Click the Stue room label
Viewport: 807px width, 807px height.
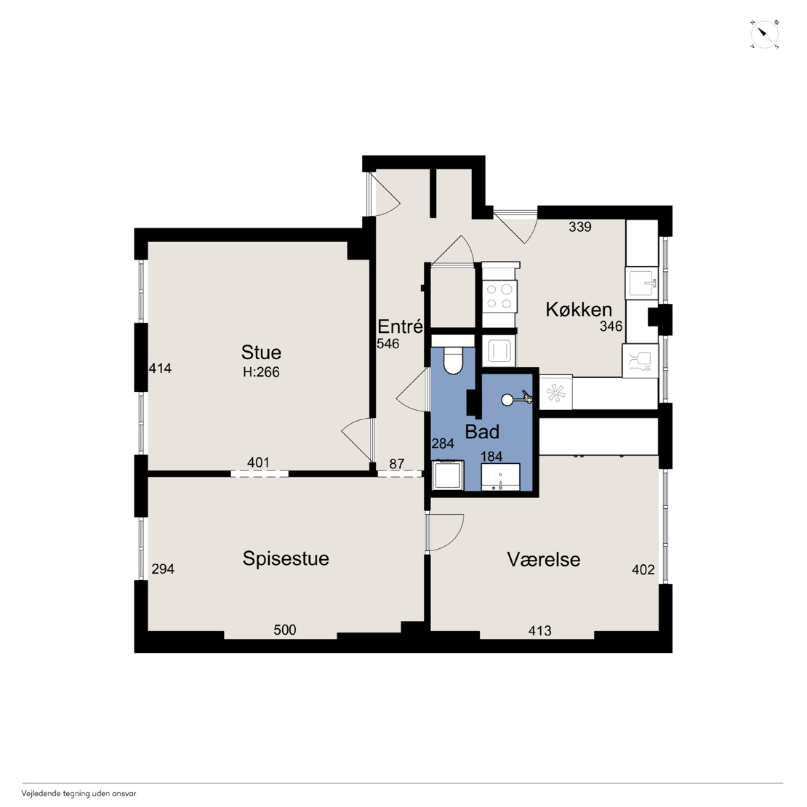[x=261, y=353]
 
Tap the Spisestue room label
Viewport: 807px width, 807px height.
[x=286, y=559]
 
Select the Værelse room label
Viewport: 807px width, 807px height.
[x=544, y=559]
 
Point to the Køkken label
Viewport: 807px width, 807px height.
[x=579, y=309]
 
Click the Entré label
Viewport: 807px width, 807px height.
[x=400, y=326]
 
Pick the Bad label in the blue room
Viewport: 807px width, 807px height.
[x=482, y=431]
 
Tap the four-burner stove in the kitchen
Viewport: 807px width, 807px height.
[x=499, y=297]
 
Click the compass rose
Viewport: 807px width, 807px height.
[x=764, y=35]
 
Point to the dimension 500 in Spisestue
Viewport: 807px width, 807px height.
[x=284, y=630]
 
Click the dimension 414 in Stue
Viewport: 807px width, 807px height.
[x=160, y=369]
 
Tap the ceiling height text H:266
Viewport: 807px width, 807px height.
[x=261, y=372]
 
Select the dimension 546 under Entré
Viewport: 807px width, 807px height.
[x=388, y=344]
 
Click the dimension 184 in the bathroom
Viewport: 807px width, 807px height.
[x=491, y=457]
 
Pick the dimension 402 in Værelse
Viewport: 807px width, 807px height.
[x=643, y=570]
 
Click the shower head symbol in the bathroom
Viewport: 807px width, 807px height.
[x=517, y=398]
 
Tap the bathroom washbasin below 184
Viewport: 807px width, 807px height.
[x=499, y=477]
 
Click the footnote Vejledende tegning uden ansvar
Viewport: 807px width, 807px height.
[x=79, y=794]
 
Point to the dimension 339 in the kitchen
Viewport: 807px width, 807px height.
[x=580, y=227]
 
